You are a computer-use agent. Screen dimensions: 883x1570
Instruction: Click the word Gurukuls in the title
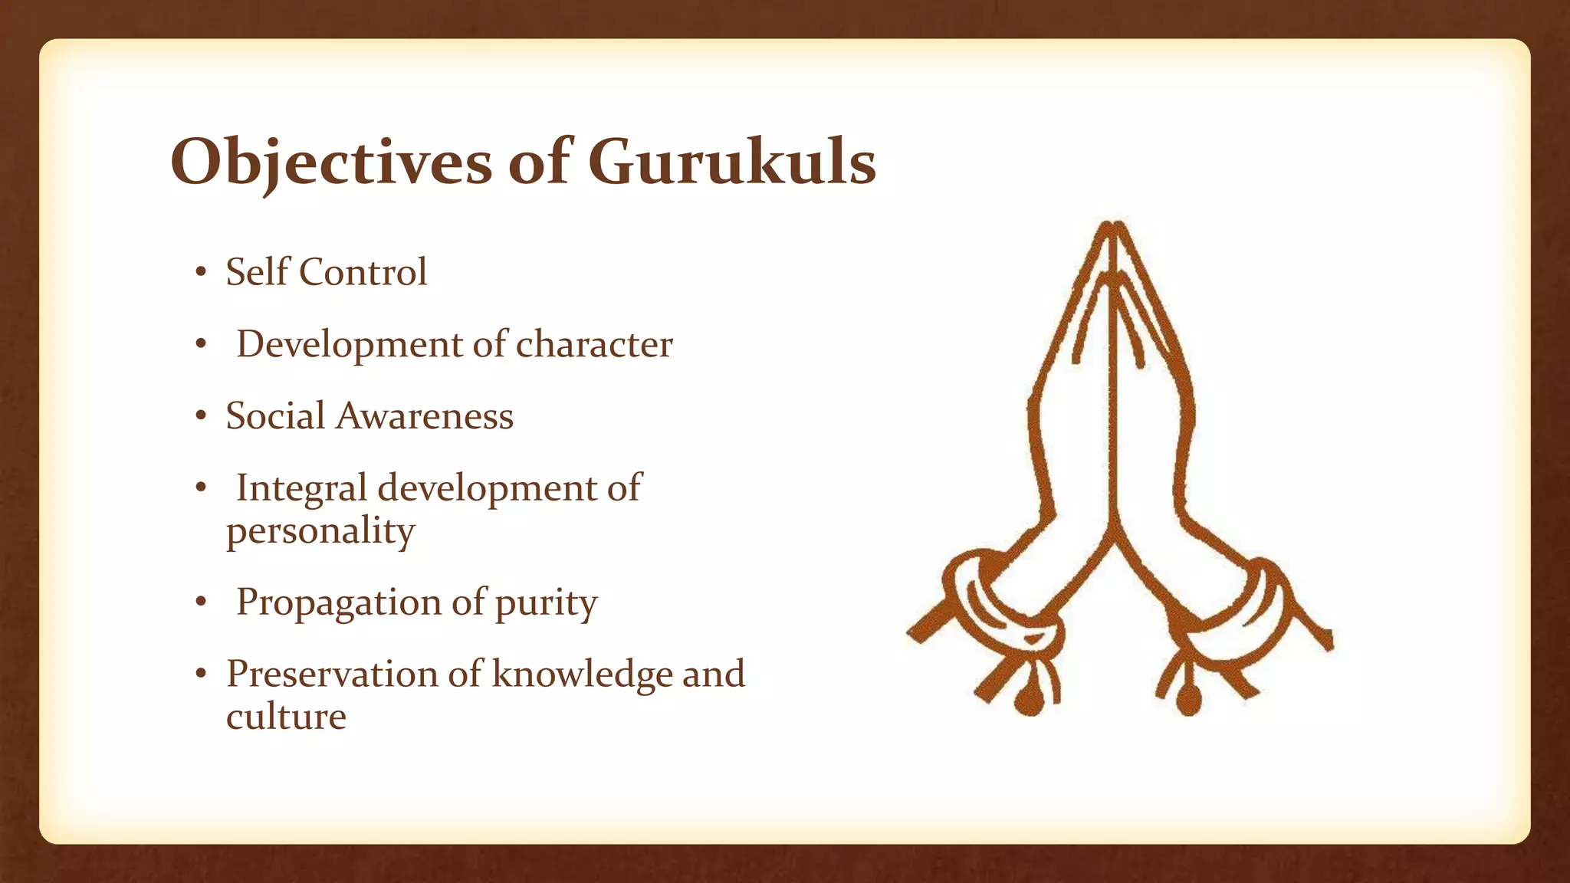pyautogui.click(x=732, y=162)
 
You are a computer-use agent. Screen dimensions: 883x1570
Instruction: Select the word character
pyautogui.click(x=594, y=344)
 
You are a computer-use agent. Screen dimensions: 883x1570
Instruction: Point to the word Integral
pyautogui.click(x=301, y=489)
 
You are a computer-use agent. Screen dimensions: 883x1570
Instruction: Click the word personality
pyautogui.click(x=320, y=530)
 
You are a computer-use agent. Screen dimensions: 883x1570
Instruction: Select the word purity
pyautogui.click(x=546, y=603)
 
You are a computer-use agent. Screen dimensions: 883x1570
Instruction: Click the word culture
pyautogui.click(x=286, y=717)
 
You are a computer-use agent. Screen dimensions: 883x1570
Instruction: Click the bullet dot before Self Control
pyautogui.click(x=201, y=272)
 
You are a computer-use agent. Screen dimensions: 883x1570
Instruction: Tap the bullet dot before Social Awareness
pyautogui.click(x=201, y=416)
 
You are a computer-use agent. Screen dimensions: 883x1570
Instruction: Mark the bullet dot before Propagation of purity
pyautogui.click(x=201, y=602)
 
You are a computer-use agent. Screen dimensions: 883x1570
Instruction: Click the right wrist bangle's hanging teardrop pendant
pyautogui.click(x=1188, y=699)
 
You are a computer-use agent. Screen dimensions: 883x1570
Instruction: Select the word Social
pyautogui.click(x=276, y=416)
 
